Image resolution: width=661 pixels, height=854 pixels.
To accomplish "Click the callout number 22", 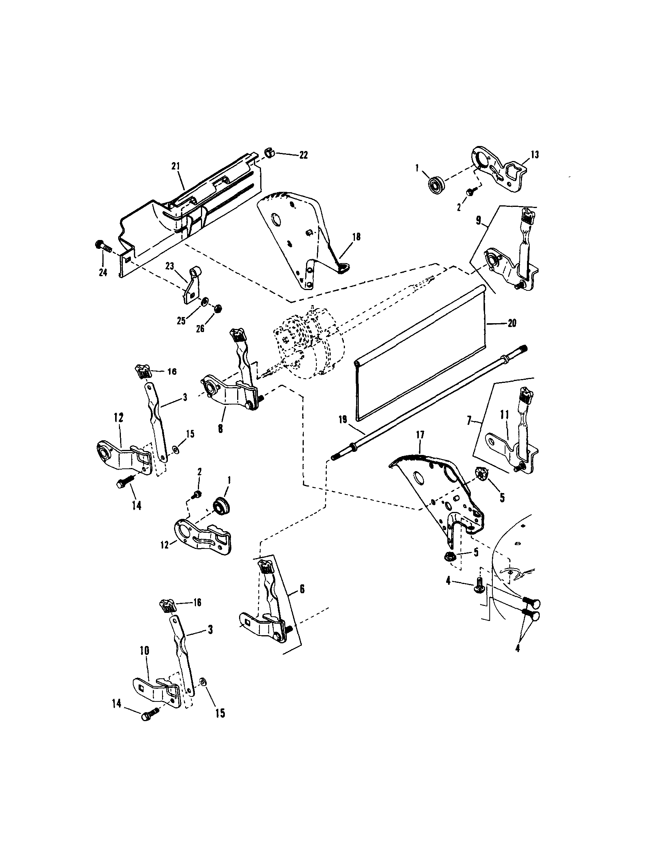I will tap(303, 155).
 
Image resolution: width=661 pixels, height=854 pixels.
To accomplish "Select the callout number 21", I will tap(176, 166).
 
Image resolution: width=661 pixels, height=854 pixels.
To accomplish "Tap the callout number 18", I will tap(356, 237).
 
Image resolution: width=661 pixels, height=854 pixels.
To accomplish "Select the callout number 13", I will tap(534, 155).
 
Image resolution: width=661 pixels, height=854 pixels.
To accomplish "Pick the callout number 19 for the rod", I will tap(342, 420).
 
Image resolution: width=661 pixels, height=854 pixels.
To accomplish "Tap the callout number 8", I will tap(221, 429).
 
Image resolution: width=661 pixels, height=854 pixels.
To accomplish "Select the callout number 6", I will tap(302, 589).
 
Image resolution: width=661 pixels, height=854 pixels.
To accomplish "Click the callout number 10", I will tap(144, 651).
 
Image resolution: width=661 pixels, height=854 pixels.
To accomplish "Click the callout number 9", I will tap(478, 220).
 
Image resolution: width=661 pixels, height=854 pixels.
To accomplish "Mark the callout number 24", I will tap(103, 273).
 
